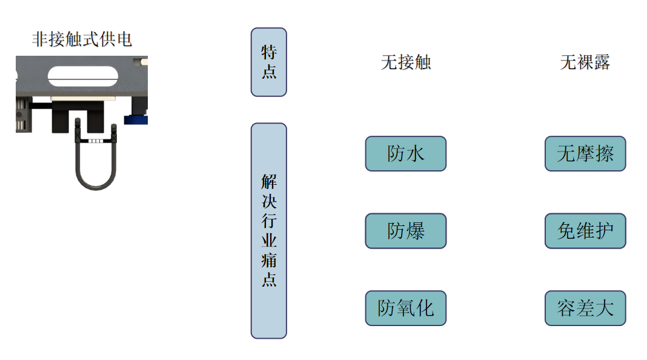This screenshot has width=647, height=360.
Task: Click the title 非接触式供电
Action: [x=82, y=40]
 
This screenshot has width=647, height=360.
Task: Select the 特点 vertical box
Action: [x=268, y=62]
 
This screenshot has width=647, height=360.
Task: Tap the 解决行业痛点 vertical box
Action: [x=268, y=230]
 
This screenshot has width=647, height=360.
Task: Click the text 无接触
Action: [x=405, y=62]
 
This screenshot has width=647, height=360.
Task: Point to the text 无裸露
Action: [x=585, y=62]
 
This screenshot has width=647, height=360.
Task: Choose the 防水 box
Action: [x=405, y=153]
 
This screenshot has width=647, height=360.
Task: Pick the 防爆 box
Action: [x=405, y=230]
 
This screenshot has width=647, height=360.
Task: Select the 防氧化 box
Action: [x=405, y=308]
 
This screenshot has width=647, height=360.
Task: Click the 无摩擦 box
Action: [x=585, y=153]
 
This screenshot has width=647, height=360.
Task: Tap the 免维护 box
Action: [x=585, y=230]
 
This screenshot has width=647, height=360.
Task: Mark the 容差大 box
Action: [x=585, y=308]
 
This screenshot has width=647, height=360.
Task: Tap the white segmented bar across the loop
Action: [x=95, y=141]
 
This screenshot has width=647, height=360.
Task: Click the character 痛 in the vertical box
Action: [x=268, y=260]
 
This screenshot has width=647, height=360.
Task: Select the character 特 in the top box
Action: [x=268, y=52]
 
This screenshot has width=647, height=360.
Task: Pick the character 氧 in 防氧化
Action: [x=405, y=308]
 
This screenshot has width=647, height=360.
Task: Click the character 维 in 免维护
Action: [x=585, y=230]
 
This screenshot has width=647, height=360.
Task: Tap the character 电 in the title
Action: [x=124, y=40]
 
